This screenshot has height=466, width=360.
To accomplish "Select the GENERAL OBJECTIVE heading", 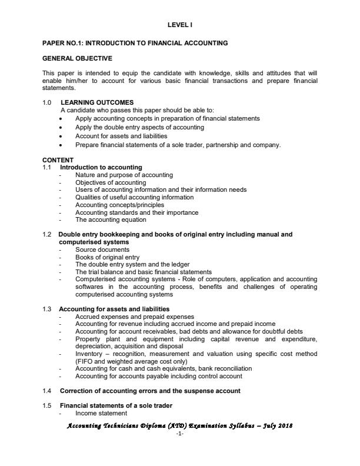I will (77, 58).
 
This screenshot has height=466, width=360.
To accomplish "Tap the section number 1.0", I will (47, 102).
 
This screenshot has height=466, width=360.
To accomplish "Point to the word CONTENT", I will (58, 160).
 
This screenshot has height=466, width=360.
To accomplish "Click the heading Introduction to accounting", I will (101, 168).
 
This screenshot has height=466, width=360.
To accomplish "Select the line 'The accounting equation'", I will (111, 219).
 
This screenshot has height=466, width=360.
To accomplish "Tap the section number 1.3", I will (47, 309).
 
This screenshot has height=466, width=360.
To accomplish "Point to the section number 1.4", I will (47, 391).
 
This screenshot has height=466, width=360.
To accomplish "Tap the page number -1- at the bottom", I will (180, 434).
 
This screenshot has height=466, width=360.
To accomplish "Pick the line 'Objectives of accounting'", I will (110, 182).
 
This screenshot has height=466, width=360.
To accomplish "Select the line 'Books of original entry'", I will (107, 257).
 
